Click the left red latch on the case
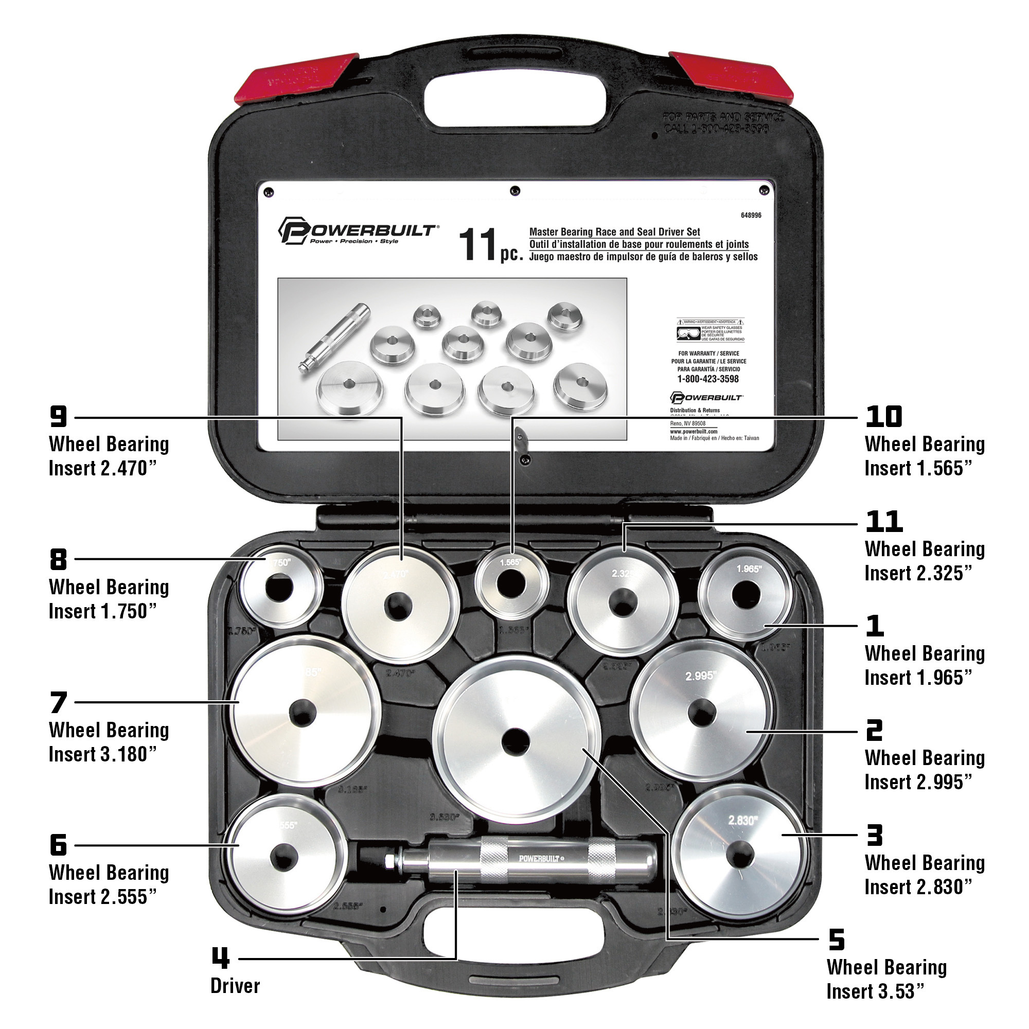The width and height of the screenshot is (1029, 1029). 298,78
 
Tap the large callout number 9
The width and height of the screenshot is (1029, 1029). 59,417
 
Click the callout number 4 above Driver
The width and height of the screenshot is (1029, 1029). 221,958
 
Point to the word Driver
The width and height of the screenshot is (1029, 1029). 235,986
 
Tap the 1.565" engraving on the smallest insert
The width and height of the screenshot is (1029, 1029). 511,562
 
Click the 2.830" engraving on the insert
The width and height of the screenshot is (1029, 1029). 742,821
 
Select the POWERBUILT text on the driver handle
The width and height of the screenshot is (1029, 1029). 540,859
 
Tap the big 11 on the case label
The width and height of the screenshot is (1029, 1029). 478,245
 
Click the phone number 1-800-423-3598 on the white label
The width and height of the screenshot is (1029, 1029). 708,379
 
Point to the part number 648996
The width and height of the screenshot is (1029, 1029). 751,215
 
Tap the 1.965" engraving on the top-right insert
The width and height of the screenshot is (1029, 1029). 749,570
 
